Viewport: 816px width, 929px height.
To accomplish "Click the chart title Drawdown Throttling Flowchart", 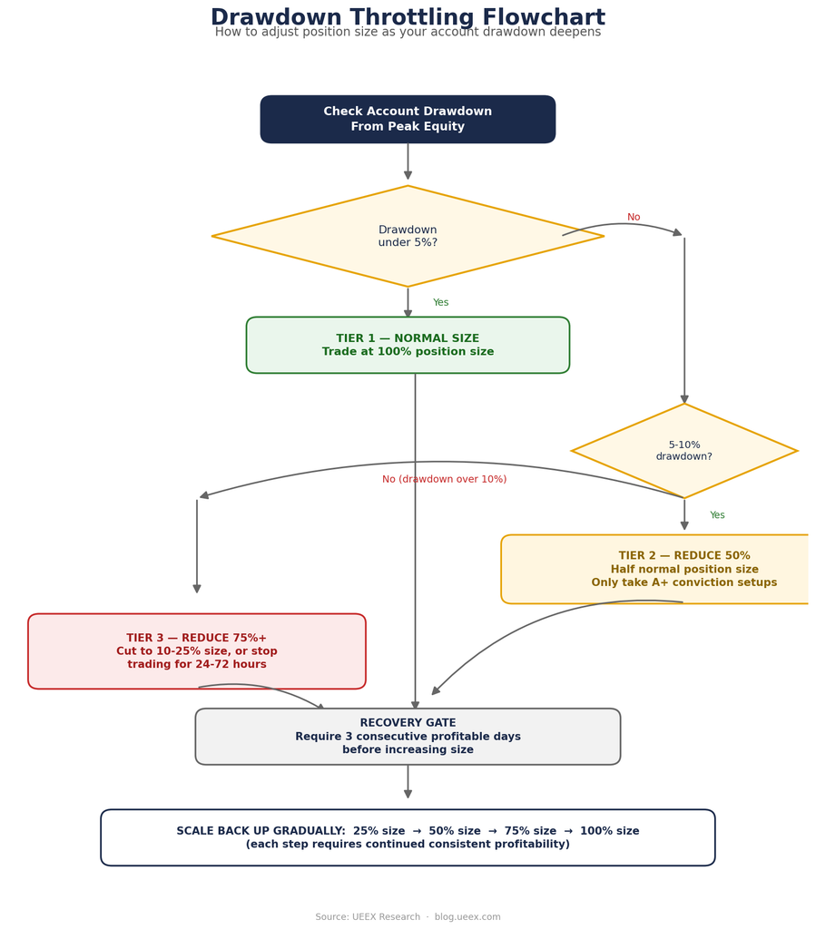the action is [408, 16].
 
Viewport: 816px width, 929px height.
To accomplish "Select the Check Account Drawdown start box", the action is [408, 119].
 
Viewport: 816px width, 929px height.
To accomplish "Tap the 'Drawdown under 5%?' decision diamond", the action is [408, 236].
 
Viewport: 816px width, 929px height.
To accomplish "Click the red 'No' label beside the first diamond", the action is [634, 217].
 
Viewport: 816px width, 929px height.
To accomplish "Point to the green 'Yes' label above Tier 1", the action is [440, 302].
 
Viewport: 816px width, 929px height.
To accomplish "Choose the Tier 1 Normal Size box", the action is [408, 345].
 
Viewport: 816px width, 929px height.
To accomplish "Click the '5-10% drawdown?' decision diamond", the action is [683, 451].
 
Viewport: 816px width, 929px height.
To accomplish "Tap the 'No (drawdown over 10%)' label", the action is [445, 479].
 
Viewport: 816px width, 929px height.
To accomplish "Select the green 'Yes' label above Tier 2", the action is [717, 515].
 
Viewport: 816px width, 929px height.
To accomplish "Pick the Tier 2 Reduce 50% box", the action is [654, 570].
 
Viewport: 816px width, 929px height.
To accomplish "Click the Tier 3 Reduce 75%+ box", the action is [197, 651].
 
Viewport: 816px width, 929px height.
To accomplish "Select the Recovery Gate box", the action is [408, 737].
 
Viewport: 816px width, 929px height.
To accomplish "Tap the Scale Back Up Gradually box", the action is [408, 837].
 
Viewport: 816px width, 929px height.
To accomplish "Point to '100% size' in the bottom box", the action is [609, 831].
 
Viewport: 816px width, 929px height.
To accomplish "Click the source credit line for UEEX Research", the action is [408, 916].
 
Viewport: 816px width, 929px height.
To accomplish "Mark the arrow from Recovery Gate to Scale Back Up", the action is [408, 781].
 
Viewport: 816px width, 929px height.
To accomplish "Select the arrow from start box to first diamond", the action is [408, 161].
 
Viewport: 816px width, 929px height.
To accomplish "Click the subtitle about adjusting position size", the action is [408, 32].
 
